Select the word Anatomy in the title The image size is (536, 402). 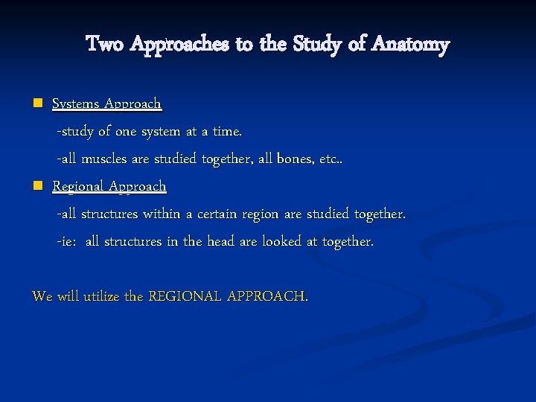pos(411,45)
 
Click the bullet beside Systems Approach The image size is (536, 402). pos(37,103)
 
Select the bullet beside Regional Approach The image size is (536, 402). pos(37,185)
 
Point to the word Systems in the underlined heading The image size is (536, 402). pos(77,103)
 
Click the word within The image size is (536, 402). pos(159,214)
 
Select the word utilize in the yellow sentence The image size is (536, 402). pos(101,296)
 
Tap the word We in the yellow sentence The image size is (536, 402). pos(42,296)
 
